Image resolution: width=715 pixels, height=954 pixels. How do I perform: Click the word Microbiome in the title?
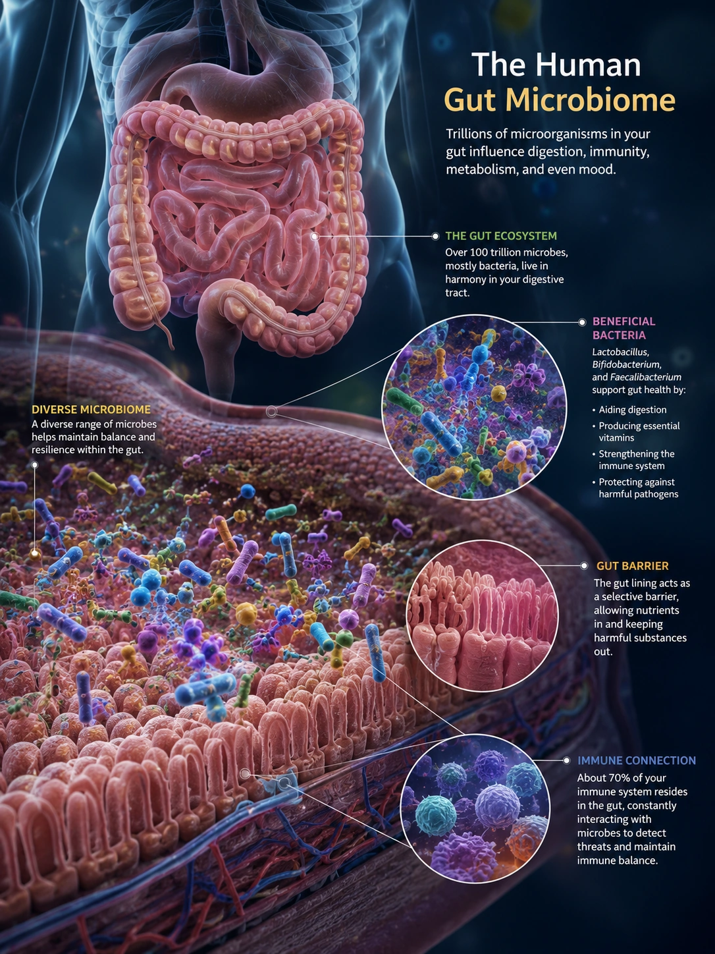point(590,100)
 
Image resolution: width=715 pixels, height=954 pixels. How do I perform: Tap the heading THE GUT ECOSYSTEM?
point(501,236)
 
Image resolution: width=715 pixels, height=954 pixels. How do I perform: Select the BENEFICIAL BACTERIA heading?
point(623,328)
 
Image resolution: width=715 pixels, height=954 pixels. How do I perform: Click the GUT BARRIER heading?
point(632,566)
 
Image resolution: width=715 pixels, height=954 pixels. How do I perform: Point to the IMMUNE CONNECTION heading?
point(637,760)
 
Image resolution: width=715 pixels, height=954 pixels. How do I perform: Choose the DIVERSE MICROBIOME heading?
point(91,409)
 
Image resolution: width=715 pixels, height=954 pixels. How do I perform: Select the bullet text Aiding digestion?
point(633,410)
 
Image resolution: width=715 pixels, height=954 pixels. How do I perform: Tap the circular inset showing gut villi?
point(482,615)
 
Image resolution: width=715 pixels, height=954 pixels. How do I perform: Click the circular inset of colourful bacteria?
point(474,407)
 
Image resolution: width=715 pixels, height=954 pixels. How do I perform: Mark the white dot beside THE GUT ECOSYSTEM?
point(435,236)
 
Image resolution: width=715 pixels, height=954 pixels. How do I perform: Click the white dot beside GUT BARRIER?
point(584,566)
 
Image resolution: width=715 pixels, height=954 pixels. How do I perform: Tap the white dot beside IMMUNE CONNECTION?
point(566,760)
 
